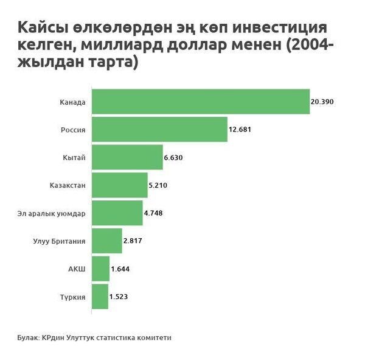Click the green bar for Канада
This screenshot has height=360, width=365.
click(201, 101)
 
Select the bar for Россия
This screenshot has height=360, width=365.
click(159, 129)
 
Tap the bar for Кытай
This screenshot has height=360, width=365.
click(127, 157)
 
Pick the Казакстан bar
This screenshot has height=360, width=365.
click(120, 185)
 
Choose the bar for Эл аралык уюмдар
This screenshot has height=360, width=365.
click(117, 213)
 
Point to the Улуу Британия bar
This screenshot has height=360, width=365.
click(107, 241)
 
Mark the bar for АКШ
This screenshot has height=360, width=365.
click(101, 269)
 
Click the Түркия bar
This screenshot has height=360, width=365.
click(100, 297)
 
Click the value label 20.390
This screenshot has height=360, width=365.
click(322, 102)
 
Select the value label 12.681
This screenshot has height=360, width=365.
click(240, 130)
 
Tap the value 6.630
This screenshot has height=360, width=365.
click(173, 158)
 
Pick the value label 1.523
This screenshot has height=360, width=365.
click(119, 297)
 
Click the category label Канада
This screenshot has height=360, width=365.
click(73, 102)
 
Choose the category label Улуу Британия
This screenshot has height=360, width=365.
click(60, 241)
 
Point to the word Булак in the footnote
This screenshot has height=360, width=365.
click(27, 337)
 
